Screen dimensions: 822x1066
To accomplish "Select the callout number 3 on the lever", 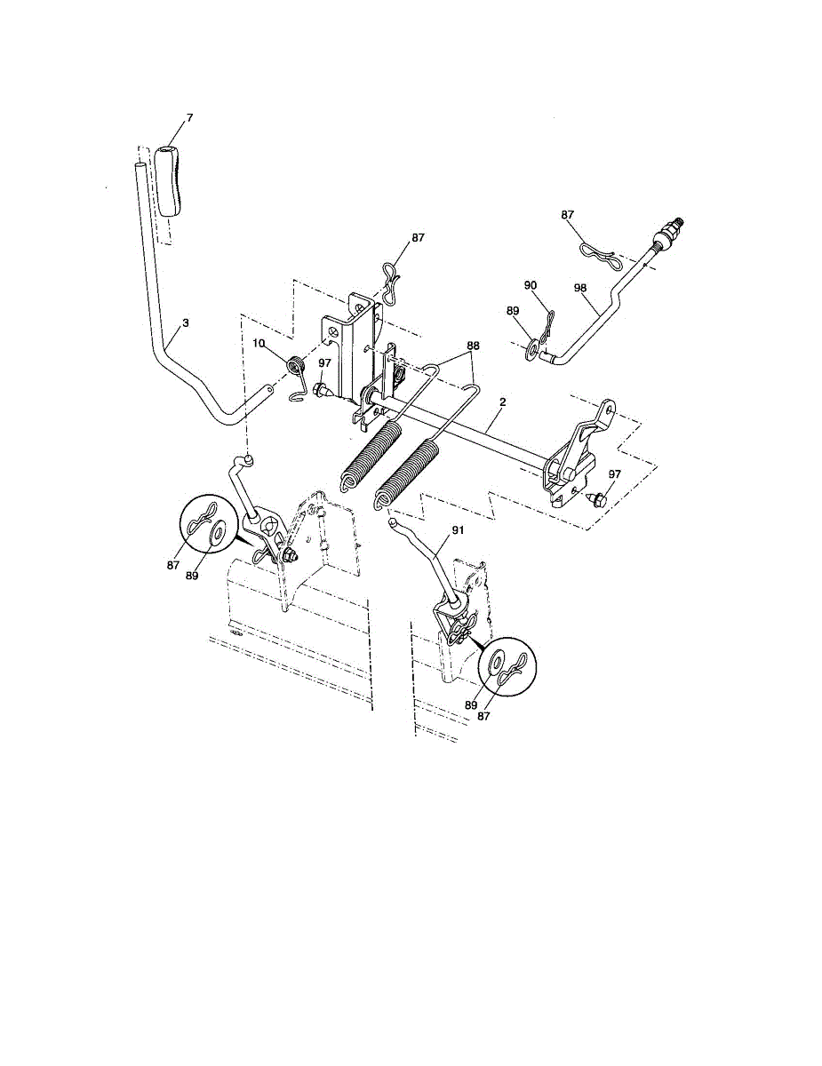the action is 185,324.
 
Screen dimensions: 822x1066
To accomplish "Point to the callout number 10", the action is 259,343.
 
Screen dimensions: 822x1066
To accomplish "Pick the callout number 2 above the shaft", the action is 502,402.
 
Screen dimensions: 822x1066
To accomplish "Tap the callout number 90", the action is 531,285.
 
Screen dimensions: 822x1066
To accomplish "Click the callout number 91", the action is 458,529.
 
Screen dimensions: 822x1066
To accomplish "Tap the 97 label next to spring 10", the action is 325,363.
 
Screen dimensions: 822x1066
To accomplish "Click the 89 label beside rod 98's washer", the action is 512,311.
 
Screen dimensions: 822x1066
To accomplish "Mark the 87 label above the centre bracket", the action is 419,238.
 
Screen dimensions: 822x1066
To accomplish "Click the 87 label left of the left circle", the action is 173,563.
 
